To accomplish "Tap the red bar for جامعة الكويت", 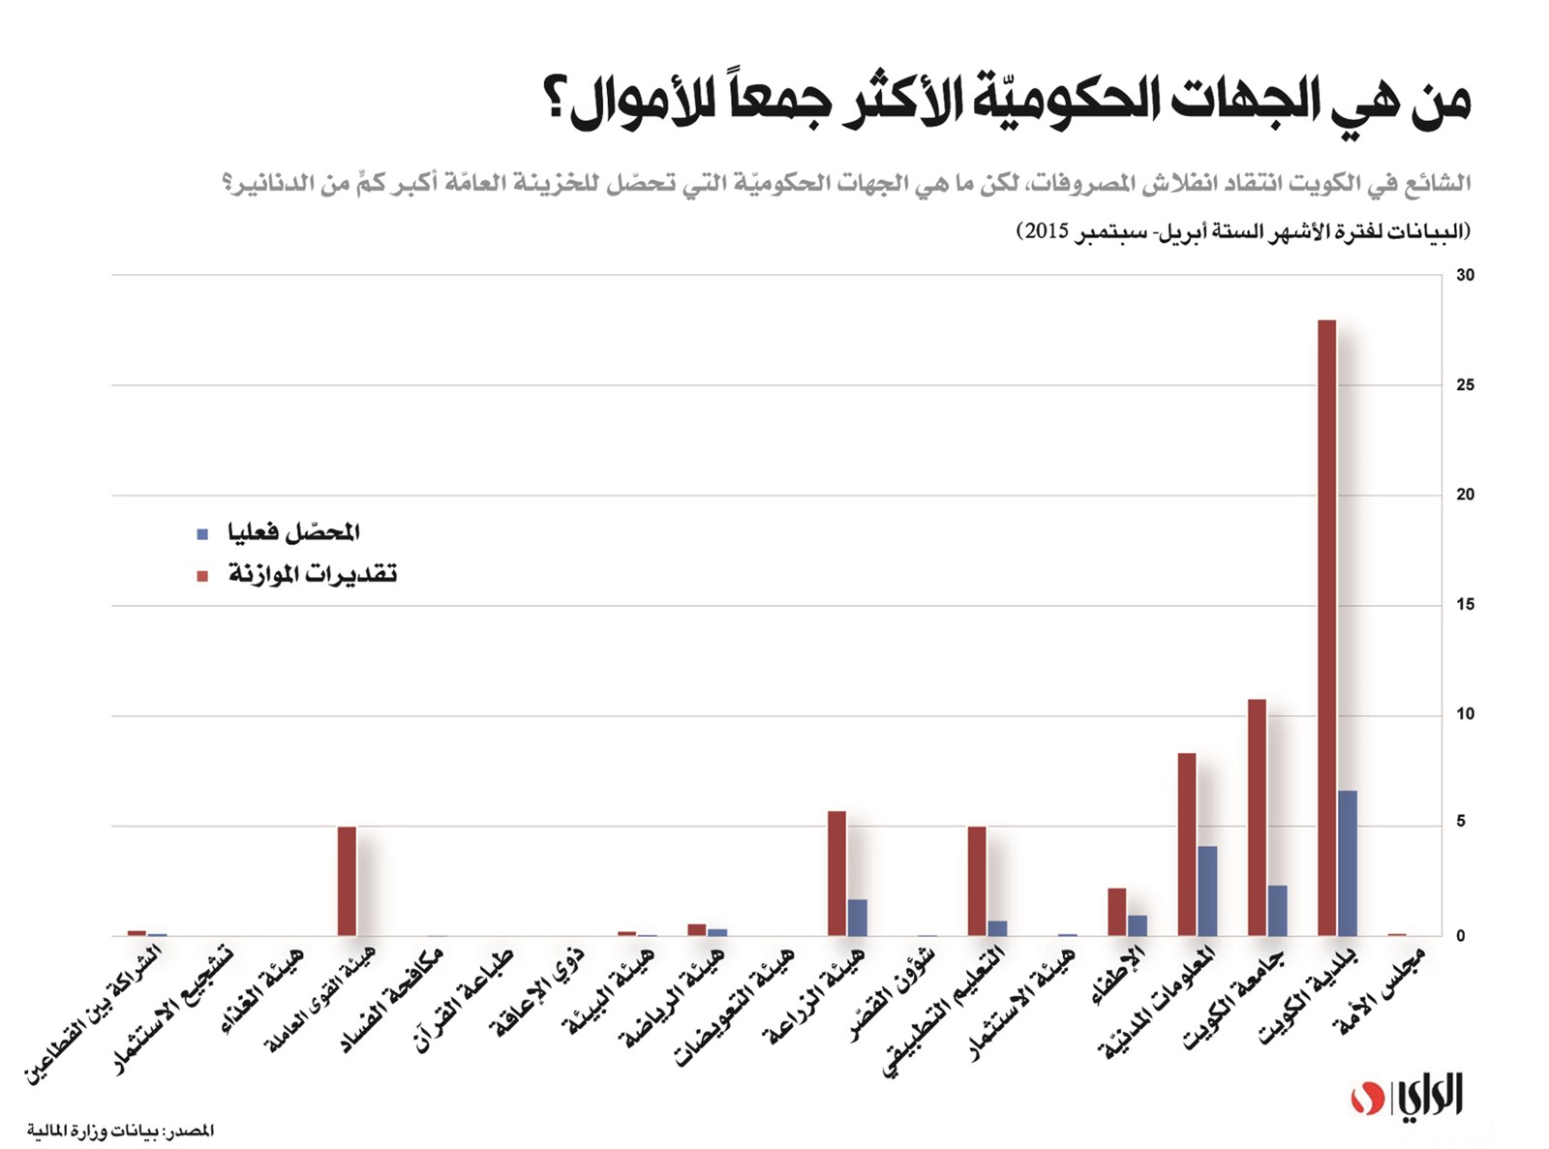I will [x=1257, y=817].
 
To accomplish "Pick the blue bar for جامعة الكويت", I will [x=1277, y=911].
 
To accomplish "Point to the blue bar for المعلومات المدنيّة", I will [x=1207, y=892].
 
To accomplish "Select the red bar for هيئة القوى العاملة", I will [x=347, y=881].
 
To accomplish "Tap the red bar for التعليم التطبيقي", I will [x=977, y=881].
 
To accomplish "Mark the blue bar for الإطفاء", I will [x=1138, y=925].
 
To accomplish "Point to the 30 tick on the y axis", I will [x=1465, y=276].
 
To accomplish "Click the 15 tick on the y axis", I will [x=1465, y=605].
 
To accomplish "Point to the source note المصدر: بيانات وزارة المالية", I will [x=120, y=1131].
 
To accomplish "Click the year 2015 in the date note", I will [x=1047, y=231].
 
